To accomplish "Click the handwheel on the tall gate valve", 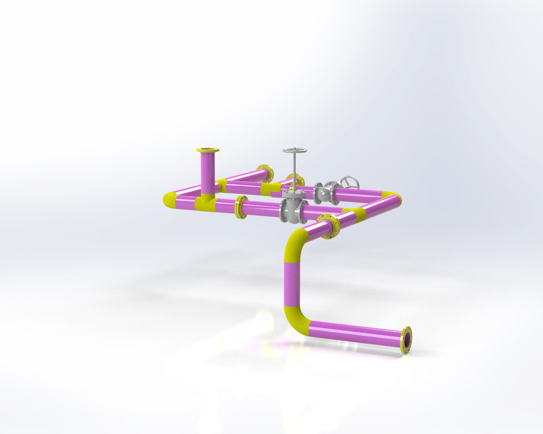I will (x=295, y=151).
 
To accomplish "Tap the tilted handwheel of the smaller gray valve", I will (x=350, y=182).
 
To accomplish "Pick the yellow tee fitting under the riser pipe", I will (x=205, y=201).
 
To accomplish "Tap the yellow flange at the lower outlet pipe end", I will (x=407, y=340).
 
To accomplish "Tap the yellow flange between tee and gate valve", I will (x=240, y=207).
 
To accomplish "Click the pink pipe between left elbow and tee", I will (x=185, y=199).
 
